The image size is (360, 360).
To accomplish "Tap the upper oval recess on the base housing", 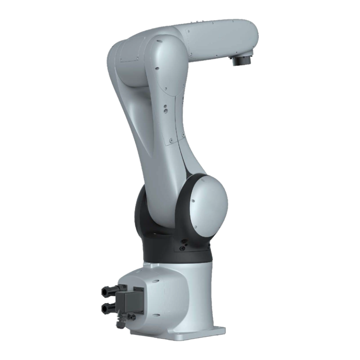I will (x=156, y=281).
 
